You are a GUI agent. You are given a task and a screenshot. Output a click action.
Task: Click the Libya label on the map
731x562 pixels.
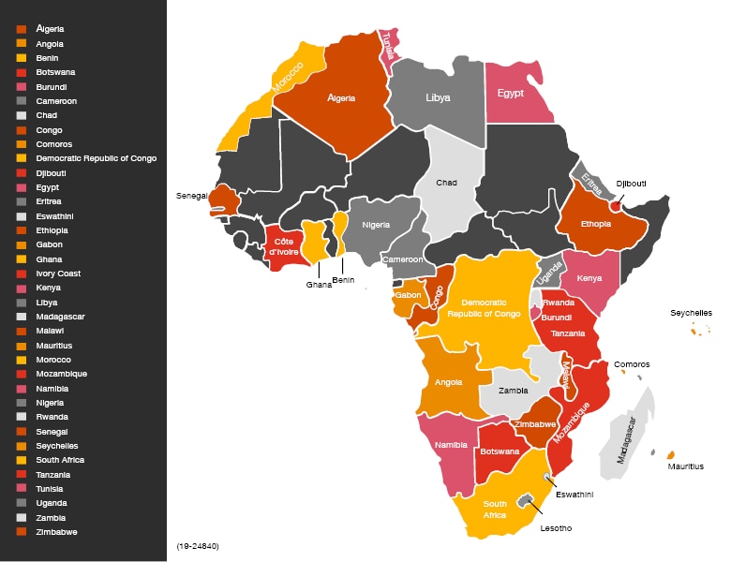[437, 97]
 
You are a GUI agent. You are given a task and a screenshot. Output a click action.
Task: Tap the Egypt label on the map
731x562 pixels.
[511, 94]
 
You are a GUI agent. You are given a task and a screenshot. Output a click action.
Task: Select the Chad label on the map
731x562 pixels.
[447, 183]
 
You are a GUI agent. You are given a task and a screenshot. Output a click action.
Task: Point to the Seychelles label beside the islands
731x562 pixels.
[691, 313]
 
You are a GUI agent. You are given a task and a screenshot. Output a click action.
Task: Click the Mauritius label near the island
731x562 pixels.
[685, 466]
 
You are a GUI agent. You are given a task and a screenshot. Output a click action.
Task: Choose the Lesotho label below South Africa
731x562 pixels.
[555, 528]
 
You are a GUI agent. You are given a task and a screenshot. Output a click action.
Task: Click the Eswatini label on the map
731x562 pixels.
[574, 494]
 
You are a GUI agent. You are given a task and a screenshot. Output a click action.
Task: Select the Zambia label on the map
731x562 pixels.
[513, 391]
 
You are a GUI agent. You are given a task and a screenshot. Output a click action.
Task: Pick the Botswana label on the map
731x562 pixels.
[500, 451]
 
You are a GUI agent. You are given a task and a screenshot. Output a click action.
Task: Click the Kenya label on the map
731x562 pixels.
[589, 278]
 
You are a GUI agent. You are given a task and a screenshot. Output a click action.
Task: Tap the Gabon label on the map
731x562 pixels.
[408, 295]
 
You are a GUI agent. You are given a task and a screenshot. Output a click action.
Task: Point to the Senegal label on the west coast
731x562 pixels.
[191, 196]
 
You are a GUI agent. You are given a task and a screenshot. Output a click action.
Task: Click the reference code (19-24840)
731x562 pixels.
[198, 544]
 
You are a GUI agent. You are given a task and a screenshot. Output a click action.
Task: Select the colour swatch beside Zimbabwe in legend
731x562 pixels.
[22, 532]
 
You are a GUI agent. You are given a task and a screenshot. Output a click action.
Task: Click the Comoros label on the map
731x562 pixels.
[632, 364]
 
